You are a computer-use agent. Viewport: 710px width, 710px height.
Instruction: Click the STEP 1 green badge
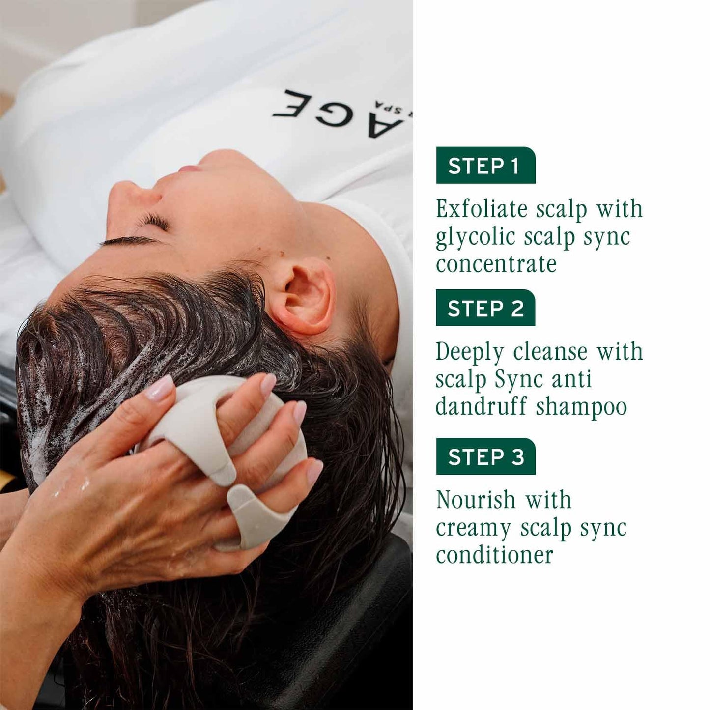pos(485,166)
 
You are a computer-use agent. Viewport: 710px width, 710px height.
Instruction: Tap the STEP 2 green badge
pos(485,308)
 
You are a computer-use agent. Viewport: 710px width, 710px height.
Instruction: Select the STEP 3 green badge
pos(485,456)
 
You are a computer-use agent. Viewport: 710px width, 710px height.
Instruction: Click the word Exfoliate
pos(482,209)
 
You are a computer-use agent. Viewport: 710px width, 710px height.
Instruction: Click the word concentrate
pos(496,264)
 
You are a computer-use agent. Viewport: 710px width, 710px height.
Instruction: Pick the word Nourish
pos(475,500)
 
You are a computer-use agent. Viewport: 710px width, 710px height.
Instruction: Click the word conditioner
pos(494,555)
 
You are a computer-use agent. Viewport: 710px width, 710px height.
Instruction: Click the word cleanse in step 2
pos(550,352)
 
